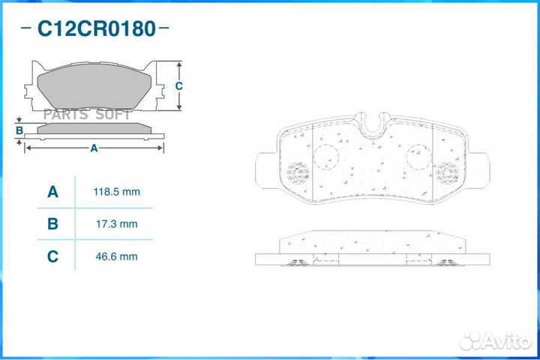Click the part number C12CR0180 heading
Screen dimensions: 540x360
coord(97,28)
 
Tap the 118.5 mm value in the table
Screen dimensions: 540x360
coord(117,192)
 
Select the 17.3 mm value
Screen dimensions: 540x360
coord(117,224)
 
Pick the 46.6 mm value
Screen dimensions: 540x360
coord(117,256)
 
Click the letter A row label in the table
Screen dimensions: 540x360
coord(52,192)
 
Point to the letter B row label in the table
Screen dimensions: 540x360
coord(52,224)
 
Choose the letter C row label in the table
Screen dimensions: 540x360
coord(52,256)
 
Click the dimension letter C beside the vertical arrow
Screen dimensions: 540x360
coord(178,85)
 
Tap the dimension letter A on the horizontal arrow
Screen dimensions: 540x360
coord(94,148)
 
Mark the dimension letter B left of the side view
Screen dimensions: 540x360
coord(19,130)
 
